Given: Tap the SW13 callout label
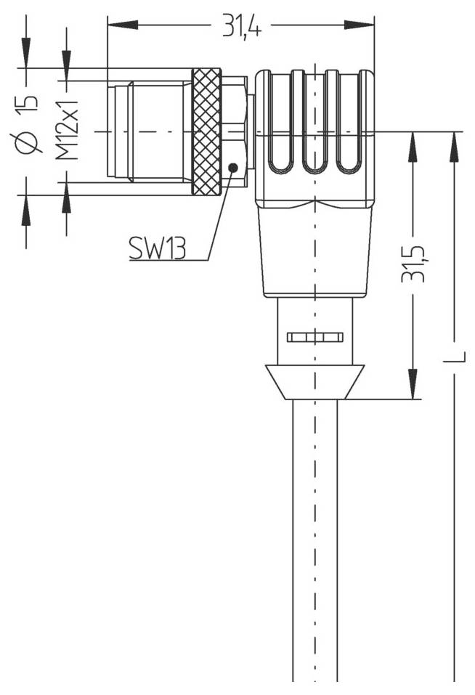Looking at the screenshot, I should [157, 249].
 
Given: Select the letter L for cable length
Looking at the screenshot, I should [455, 357].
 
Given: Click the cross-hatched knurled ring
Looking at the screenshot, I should [206, 131].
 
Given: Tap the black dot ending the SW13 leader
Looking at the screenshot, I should [232, 168].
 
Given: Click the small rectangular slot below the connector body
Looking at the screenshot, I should [314, 337].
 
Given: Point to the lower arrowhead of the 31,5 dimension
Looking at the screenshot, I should [413, 384].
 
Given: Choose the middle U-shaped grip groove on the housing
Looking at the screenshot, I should [314, 123].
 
